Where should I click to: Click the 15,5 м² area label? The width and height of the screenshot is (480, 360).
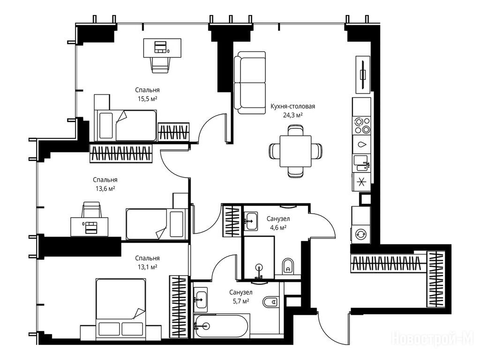[x=148, y=98]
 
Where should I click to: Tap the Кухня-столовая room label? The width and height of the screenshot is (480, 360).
[x=292, y=106]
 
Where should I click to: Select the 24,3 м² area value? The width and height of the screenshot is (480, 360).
[x=292, y=115]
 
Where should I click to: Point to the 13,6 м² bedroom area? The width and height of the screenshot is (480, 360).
[x=105, y=188]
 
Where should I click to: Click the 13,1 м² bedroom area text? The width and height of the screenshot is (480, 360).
[x=147, y=267]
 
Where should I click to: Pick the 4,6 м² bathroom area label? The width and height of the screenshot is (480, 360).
[x=278, y=227]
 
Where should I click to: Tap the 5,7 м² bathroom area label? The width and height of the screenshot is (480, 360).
[x=240, y=301]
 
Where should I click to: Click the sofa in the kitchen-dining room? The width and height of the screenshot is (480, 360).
[x=249, y=82]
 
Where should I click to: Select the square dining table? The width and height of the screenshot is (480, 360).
[x=295, y=151]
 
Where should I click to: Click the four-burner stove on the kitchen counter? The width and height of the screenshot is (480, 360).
[x=361, y=126]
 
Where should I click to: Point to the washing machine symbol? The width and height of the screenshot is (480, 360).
[x=360, y=234]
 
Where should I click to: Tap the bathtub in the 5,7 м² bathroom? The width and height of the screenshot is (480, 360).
[x=222, y=326]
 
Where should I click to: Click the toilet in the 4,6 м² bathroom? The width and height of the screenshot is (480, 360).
[x=288, y=267]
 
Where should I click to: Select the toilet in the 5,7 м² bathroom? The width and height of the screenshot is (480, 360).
[x=270, y=302]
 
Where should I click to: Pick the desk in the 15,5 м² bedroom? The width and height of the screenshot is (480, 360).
[x=162, y=48]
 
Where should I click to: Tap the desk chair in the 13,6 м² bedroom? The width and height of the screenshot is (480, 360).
[x=91, y=210]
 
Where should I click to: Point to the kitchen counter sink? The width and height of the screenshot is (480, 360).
[x=362, y=163]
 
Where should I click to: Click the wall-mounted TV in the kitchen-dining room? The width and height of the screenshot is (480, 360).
[x=363, y=75]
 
